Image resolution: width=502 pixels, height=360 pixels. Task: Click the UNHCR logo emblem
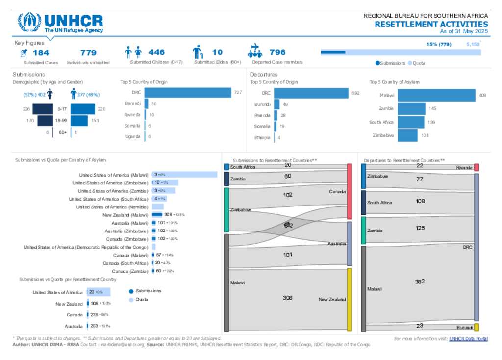pos(29,23)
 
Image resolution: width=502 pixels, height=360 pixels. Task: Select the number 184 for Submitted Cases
pos(41,52)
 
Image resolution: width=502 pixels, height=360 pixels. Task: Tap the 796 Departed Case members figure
pos(277,52)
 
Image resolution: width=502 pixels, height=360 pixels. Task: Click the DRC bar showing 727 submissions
pos(188,93)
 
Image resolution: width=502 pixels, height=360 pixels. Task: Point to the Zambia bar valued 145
pos(411,108)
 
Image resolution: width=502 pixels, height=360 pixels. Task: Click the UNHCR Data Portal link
pos(468,339)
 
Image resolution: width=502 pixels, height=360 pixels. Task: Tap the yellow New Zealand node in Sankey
pos(350,299)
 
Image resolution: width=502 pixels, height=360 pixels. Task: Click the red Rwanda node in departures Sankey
pos(476,168)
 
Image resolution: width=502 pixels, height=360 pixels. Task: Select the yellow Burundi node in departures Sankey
pos(476,327)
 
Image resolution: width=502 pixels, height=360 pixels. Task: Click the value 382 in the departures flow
pos(420,282)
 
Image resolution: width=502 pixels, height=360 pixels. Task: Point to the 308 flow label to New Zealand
pos(288,298)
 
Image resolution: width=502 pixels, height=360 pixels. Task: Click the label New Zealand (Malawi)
pos(125,215)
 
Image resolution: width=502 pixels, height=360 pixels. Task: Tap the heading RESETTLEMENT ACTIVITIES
pos(431,24)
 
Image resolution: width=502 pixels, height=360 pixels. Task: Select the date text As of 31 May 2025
pos(464,31)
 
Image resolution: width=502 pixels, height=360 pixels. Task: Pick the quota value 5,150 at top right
pos(473,44)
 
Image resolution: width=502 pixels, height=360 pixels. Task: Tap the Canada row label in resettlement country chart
pos(75,315)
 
